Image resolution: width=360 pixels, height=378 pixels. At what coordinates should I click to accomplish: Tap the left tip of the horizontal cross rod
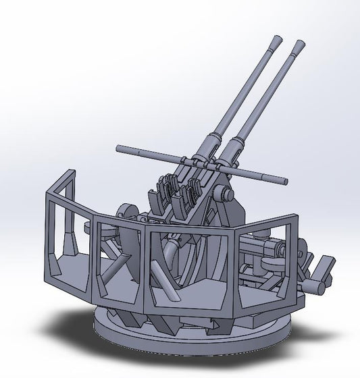click(120, 148)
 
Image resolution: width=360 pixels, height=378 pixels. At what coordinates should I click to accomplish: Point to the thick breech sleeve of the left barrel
click(211, 142)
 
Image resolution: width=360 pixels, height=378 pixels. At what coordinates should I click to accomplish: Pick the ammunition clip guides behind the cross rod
click(169, 192)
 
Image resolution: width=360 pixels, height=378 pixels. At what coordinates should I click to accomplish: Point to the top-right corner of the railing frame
click(296, 217)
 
